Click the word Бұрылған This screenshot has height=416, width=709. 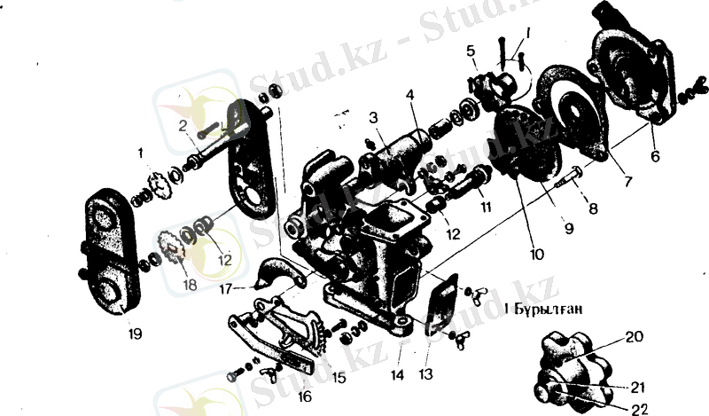pyautogui.click(x=543, y=310)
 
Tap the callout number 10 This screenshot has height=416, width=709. pyautogui.click(x=536, y=254)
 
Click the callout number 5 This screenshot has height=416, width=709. pyautogui.click(x=471, y=50)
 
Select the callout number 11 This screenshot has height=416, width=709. pyautogui.click(x=486, y=206)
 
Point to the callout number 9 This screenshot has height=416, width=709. pyautogui.click(x=568, y=228)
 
